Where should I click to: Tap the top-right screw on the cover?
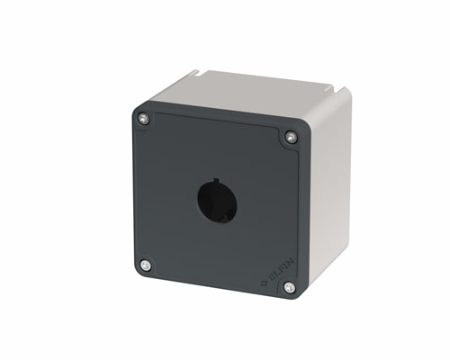pos(290,137)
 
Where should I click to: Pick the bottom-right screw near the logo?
pos(288,287)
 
